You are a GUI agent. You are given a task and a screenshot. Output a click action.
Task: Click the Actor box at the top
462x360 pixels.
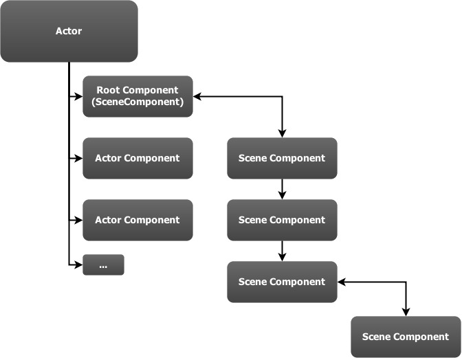69,31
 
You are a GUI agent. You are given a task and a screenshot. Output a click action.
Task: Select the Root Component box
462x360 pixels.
137,96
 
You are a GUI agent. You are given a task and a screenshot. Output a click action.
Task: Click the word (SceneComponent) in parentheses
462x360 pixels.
137,102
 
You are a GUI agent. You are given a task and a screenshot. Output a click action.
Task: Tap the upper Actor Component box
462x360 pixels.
137,158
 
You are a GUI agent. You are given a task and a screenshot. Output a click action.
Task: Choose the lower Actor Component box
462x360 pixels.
137,220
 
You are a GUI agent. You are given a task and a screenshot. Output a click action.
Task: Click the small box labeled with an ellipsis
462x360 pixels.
103,265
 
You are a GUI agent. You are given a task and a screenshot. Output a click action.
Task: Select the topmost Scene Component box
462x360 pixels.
282,158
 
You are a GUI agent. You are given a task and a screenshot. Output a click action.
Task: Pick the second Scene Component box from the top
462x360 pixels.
282,220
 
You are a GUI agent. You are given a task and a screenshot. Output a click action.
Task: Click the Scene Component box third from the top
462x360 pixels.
282,282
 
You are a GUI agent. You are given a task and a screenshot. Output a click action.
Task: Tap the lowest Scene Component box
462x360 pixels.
406,337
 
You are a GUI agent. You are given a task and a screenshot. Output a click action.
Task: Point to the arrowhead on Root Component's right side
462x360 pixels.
197,96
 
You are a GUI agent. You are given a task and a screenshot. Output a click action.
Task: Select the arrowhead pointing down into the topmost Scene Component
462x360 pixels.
282,133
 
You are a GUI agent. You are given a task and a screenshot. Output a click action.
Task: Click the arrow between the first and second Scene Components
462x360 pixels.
282,190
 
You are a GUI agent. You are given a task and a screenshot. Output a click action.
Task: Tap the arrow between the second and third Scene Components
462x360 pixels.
282,251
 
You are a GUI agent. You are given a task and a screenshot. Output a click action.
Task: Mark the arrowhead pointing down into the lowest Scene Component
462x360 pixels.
406,312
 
